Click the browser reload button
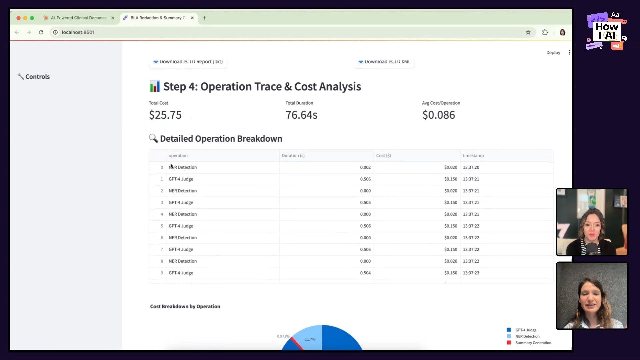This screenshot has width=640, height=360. (x=41, y=32)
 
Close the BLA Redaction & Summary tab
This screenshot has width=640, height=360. (x=192, y=18)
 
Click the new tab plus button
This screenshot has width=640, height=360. (x=204, y=18)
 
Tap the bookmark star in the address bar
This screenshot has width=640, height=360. (x=528, y=32)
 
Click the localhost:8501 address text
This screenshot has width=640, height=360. (x=78, y=32)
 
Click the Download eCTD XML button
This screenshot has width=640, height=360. (x=384, y=62)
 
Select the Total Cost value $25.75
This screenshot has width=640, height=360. (x=165, y=115)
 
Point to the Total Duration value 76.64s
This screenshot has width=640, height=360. (x=301, y=115)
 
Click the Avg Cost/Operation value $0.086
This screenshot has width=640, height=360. (x=438, y=115)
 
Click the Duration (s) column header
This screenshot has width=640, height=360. (x=293, y=156)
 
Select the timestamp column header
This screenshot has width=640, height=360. (x=473, y=156)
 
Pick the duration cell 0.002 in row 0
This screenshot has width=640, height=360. (x=365, y=167)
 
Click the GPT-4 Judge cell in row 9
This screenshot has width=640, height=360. (x=181, y=273)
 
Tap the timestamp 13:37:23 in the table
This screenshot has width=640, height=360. (x=471, y=273)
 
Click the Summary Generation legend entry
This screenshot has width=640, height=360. (x=533, y=343)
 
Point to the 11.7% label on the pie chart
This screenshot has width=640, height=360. (x=310, y=339)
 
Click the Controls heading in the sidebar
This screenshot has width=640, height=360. (x=37, y=77)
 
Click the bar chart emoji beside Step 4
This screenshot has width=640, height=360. (x=155, y=87)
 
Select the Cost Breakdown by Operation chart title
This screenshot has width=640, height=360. (x=185, y=307)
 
